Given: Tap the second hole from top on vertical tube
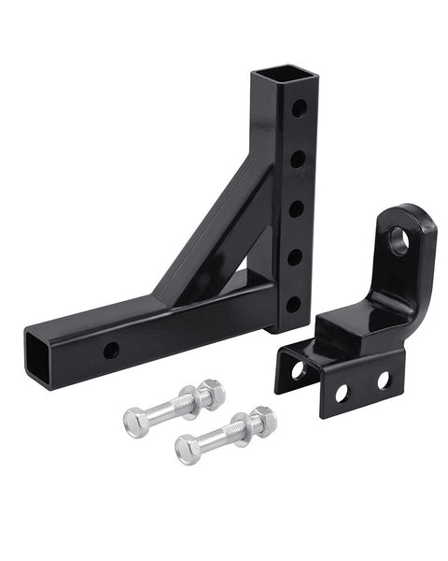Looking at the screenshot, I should tap(297, 159).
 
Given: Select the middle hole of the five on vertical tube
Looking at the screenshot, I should tap(296, 208).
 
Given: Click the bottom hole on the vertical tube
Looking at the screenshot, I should tap(293, 304).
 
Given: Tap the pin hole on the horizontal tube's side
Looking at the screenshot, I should tap(111, 351).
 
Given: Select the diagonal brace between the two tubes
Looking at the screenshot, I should tap(207, 229).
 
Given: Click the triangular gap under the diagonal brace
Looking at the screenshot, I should tap(241, 279).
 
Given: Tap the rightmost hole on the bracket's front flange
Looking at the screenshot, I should tap(383, 380).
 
